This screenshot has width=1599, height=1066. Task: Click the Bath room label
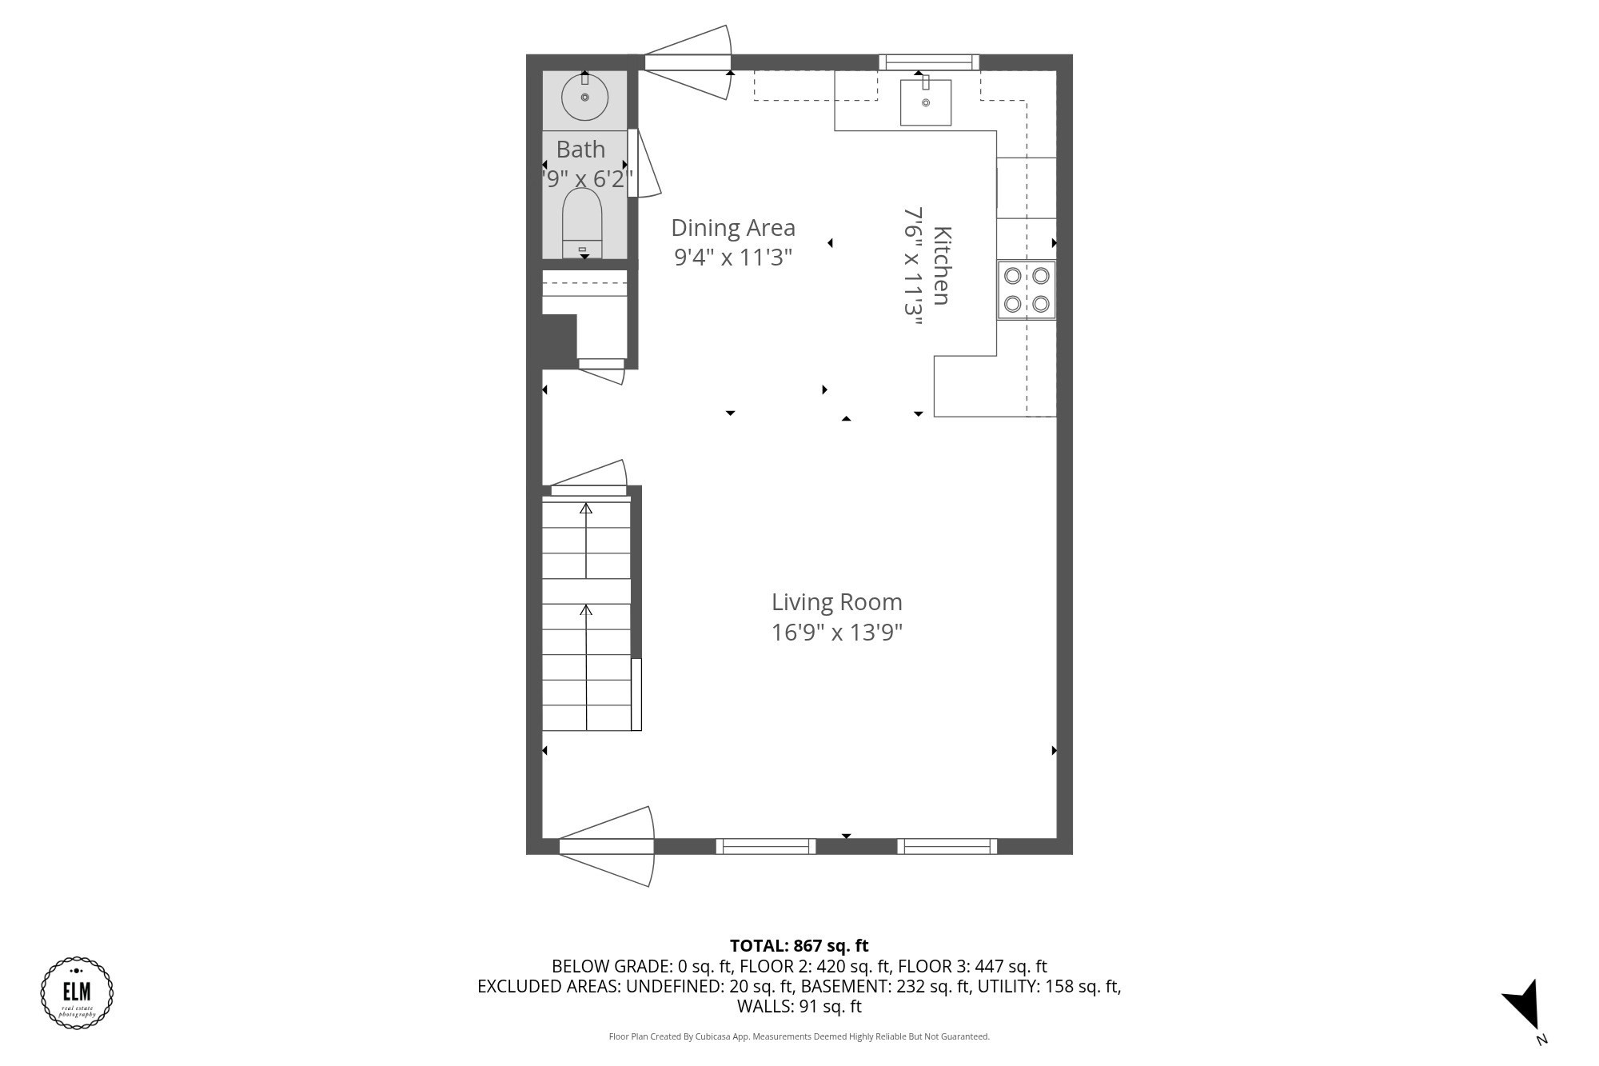click(x=580, y=150)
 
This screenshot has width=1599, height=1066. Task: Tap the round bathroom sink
click(x=584, y=98)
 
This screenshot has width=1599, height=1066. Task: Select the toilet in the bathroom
click(x=582, y=222)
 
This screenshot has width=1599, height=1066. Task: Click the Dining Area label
click(x=733, y=228)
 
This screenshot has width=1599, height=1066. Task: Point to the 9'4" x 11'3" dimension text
click(x=733, y=258)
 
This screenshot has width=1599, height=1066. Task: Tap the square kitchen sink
click(x=925, y=102)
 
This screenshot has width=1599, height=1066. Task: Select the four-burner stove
click(x=1026, y=289)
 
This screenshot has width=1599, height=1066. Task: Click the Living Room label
click(x=836, y=602)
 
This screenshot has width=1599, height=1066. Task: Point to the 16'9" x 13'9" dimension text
click(x=836, y=633)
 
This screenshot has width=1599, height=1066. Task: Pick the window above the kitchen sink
click(x=929, y=62)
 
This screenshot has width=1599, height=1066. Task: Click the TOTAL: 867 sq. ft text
click(x=799, y=946)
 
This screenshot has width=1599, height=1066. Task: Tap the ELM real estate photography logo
click(x=77, y=992)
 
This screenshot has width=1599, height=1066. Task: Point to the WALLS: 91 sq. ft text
click(x=799, y=1007)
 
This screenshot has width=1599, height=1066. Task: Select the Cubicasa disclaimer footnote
click(x=799, y=1036)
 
